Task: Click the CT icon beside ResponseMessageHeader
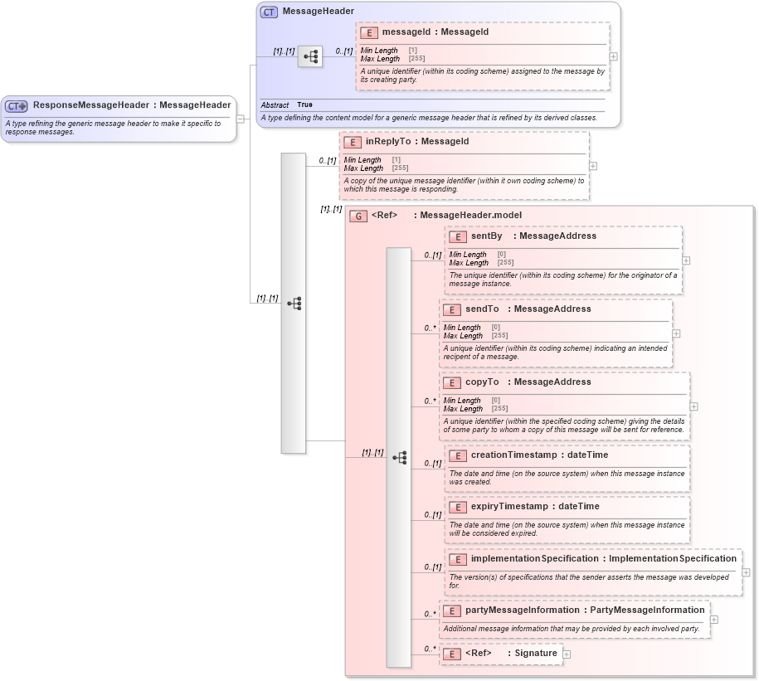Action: click(17, 106)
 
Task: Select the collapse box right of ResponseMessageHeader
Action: click(240, 119)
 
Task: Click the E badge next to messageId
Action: click(369, 33)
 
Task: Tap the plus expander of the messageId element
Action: click(613, 56)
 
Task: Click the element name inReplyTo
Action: click(388, 142)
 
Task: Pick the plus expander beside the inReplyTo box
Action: click(592, 166)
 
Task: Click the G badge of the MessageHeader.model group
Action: click(358, 216)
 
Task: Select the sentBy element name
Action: click(486, 236)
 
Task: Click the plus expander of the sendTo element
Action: click(676, 333)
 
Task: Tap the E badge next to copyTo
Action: click(452, 383)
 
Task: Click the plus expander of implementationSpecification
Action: click(746, 572)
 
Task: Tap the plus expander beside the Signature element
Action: click(567, 654)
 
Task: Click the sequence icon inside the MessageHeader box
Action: click(310, 56)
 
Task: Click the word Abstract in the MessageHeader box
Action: click(275, 105)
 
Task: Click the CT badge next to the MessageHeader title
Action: click(269, 12)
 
